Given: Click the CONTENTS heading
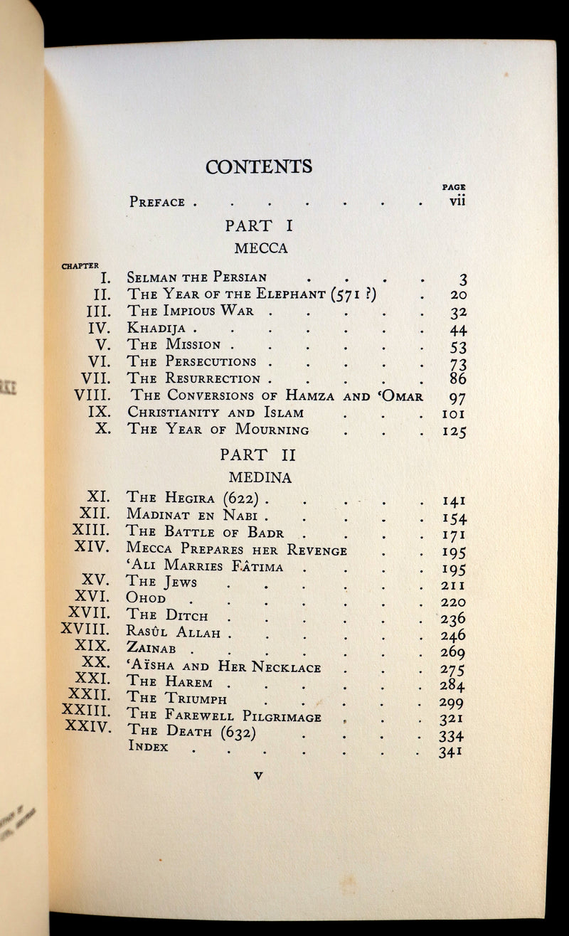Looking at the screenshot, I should [x=259, y=166].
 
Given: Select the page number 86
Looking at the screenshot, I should [x=457, y=379].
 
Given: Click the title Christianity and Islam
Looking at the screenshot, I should [x=216, y=413].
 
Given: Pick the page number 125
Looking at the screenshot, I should [x=452, y=430].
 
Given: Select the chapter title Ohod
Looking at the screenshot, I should [x=146, y=600].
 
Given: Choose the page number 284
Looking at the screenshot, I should [x=452, y=686].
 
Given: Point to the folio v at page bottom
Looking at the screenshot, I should [x=258, y=776].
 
